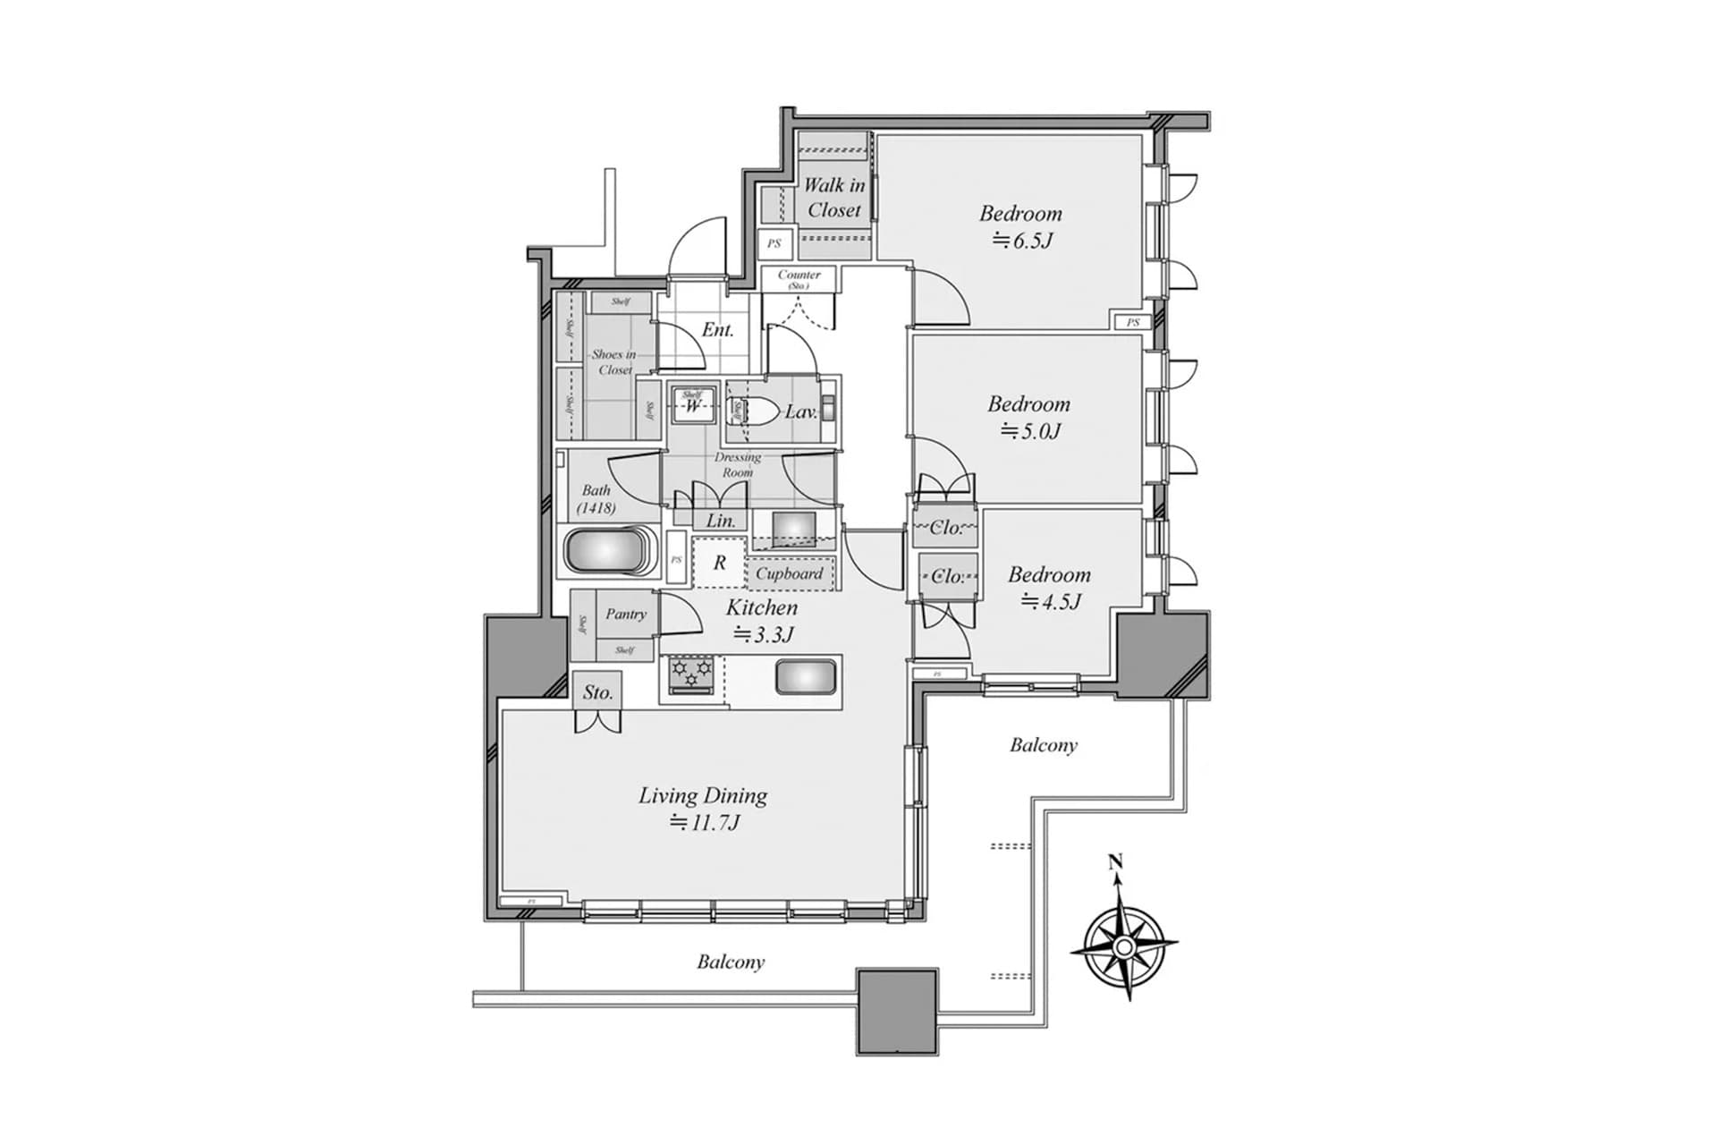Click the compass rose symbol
1124,946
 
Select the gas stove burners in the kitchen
692,674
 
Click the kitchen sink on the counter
806,677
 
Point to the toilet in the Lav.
758,411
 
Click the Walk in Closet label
833,198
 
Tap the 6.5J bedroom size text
1022,241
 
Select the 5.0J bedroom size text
1030,431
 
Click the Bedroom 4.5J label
1050,574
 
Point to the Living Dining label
703,795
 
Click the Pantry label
625,614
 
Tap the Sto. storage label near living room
597,692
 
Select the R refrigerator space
720,564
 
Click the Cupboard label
789,573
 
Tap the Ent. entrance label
717,329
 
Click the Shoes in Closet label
613,361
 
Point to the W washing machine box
693,406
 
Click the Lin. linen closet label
721,521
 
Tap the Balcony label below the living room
731,962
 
